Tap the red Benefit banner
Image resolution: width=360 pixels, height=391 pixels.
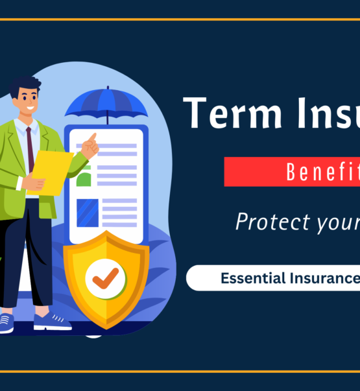pyautogui.click(x=292, y=172)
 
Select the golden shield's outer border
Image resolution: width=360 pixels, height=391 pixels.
pyautogui.click(x=69, y=272)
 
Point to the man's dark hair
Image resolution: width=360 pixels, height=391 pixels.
pyautogui.click(x=25, y=87)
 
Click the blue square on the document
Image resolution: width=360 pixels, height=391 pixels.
pyautogui.click(x=88, y=213)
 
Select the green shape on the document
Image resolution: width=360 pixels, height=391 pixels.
pyautogui.click(x=84, y=178)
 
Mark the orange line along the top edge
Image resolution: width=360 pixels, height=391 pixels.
pyautogui.click(x=180, y=19)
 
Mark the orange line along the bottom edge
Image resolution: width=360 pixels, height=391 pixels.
pyautogui.click(x=180, y=372)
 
